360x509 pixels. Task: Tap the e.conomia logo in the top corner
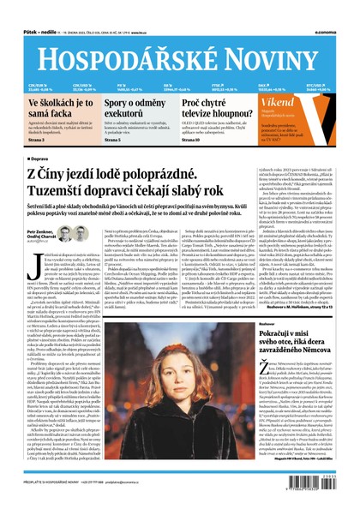(333, 33)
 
